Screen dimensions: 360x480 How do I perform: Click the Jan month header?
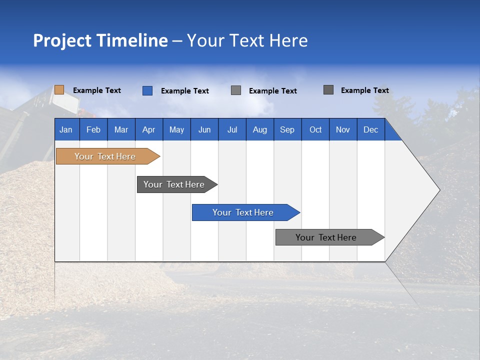66,129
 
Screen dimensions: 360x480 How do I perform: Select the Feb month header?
93,129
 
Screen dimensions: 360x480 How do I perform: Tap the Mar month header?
121,129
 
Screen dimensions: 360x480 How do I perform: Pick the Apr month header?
149,129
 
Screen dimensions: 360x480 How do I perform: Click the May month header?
176,129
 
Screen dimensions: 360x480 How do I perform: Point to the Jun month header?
204,129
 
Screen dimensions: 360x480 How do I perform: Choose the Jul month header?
232,129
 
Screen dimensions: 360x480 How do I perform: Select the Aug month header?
260,129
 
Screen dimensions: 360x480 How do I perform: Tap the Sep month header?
287,129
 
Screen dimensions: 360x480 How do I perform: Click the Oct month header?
315,129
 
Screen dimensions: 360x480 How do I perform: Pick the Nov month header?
343,129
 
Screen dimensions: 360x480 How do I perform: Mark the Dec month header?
371,129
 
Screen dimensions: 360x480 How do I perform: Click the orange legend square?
59,90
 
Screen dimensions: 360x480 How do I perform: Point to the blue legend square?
147,90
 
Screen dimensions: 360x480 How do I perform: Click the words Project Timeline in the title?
100,40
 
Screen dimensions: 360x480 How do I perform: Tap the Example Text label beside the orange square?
97,90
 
